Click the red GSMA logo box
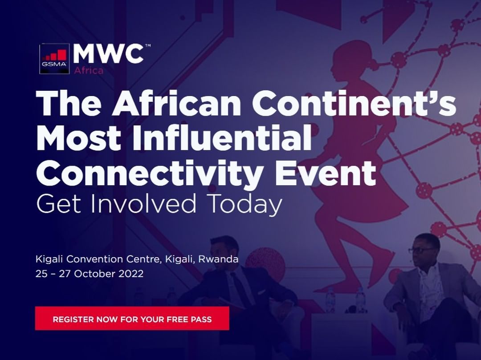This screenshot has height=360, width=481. coord(55,59)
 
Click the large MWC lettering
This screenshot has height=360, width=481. coord(108,54)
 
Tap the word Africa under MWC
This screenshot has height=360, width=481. coord(89,70)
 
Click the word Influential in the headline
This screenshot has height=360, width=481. coord(222,138)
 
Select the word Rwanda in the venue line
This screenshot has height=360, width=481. coord(218,259)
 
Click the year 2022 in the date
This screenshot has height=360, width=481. coord(131,274)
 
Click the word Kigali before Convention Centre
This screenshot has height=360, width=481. coord(49,259)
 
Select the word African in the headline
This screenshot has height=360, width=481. coord(176,103)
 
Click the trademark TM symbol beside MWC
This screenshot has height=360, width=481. coord(147,46)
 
